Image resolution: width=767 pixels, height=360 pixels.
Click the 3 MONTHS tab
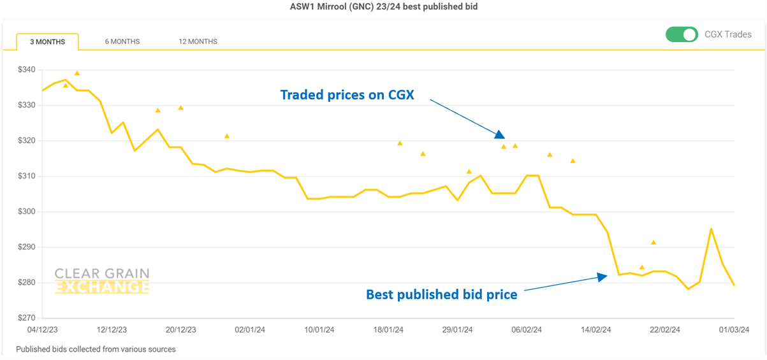47,42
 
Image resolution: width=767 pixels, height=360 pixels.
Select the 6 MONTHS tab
122,42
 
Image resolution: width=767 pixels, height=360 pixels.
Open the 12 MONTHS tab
198,42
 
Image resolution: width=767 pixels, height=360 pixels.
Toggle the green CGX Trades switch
682,34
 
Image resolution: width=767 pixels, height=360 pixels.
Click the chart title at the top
383,7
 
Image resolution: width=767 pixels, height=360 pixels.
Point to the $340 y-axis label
27,69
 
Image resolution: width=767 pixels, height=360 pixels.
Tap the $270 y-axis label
27,318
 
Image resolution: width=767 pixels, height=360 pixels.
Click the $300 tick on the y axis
27,212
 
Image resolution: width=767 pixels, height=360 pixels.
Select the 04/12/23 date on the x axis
42,330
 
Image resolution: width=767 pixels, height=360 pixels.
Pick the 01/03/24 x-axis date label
734,330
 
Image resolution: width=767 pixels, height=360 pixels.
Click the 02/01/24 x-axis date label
249,330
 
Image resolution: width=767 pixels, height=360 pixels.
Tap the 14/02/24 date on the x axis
595,330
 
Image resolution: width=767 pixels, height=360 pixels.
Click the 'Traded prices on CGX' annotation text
347,95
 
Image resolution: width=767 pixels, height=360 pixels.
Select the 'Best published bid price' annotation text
441,294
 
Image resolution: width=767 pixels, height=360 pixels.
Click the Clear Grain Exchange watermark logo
102,281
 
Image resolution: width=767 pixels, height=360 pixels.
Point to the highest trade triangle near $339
77,73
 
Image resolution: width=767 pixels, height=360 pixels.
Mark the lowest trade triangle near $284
642,268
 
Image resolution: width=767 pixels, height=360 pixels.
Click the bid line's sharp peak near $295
711,229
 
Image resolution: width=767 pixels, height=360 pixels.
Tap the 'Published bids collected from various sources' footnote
96,349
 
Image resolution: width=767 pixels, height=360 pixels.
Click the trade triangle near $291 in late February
654,242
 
